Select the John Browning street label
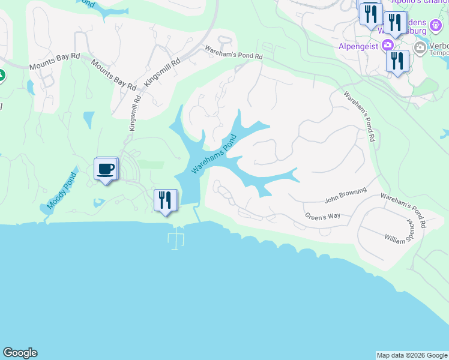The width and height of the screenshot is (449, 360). [x=345, y=196]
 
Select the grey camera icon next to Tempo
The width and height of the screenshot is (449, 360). [x=420, y=47]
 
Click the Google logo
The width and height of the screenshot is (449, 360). [x=20, y=353]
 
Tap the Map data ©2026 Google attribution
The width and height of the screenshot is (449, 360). [x=411, y=355]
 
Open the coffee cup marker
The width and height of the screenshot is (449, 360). [x=106, y=169]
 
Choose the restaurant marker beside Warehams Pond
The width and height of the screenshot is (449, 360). [x=165, y=200]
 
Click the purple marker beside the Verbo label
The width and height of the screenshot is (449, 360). [x=436, y=26]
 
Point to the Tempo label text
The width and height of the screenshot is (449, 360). [x=439, y=52]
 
